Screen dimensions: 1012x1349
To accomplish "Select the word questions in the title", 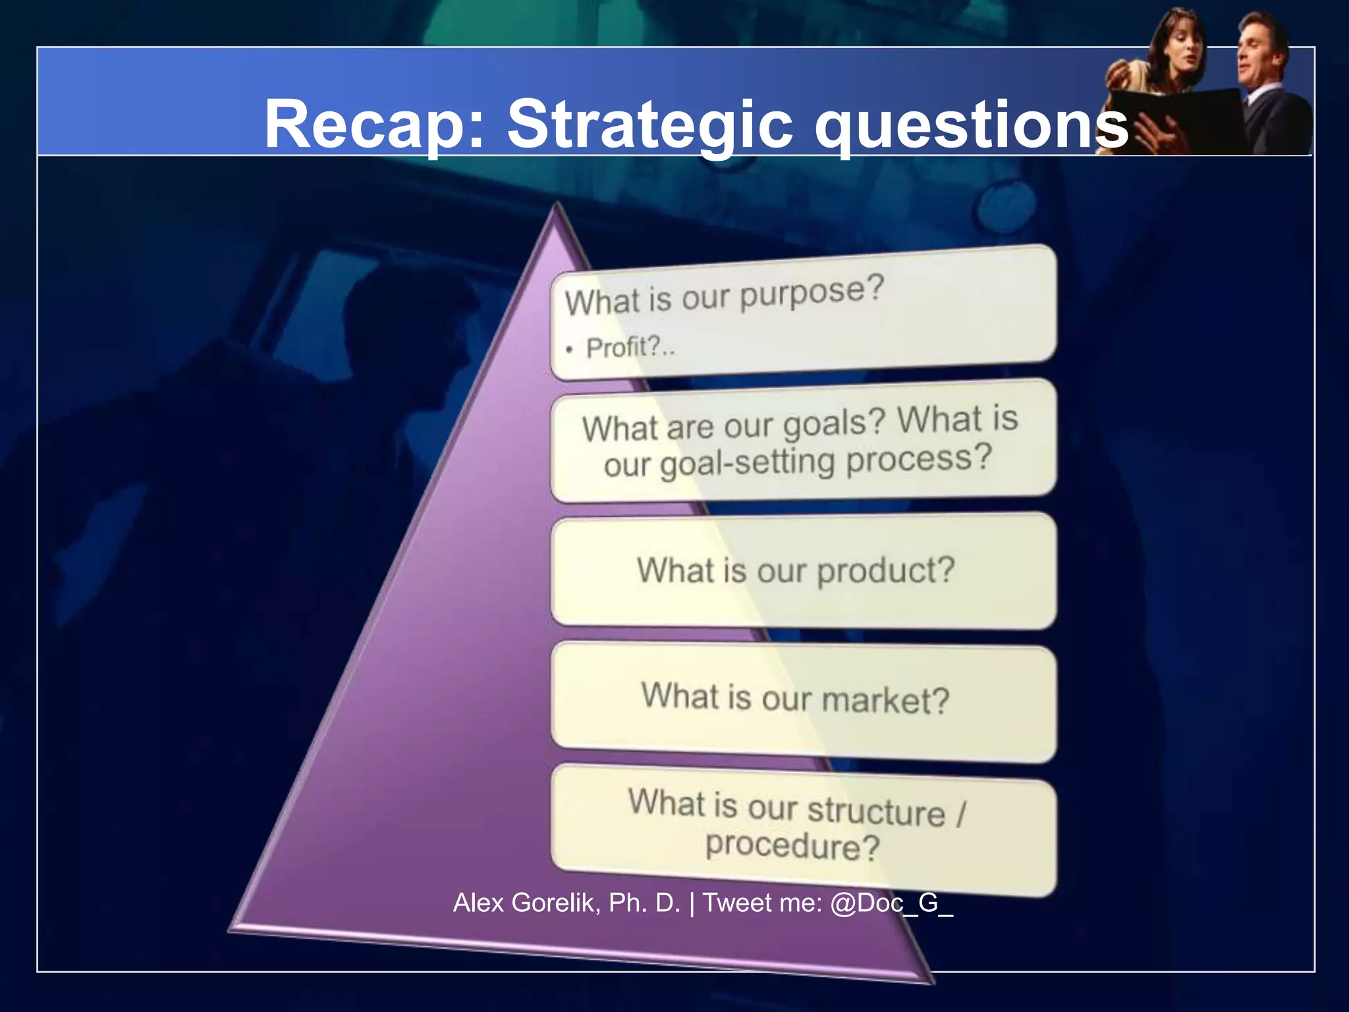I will (972, 125).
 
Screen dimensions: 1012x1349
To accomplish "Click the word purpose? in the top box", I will (812, 294).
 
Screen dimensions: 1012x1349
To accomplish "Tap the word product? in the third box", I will (885, 571).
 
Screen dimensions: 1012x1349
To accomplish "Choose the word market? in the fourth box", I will (885, 700).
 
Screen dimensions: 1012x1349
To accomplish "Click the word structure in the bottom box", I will (877, 810).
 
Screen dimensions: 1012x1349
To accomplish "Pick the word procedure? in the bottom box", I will (792, 846).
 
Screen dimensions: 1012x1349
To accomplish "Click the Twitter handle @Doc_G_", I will (891, 903).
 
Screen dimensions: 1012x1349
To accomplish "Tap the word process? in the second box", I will (918, 459).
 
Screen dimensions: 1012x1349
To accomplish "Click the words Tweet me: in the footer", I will (762, 903).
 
